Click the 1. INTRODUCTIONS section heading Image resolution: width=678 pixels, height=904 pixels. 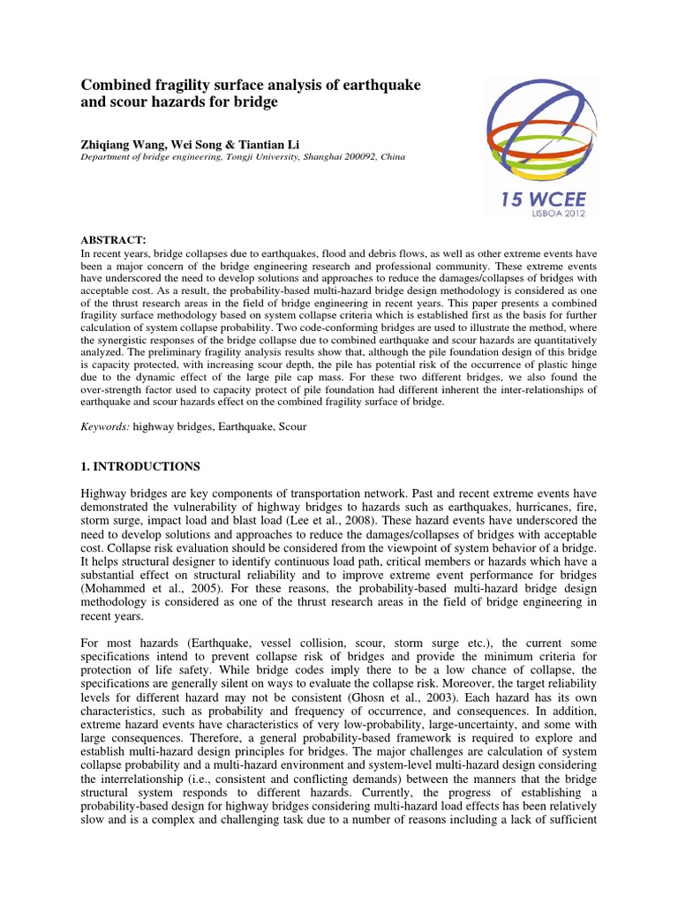(141, 465)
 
